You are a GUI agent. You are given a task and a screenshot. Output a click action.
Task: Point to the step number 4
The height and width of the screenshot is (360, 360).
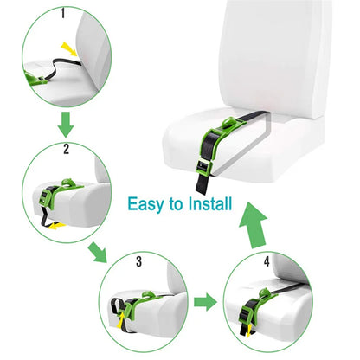(267, 259)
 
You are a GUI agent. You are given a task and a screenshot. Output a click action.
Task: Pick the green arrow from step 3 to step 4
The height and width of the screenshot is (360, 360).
(204, 303)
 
